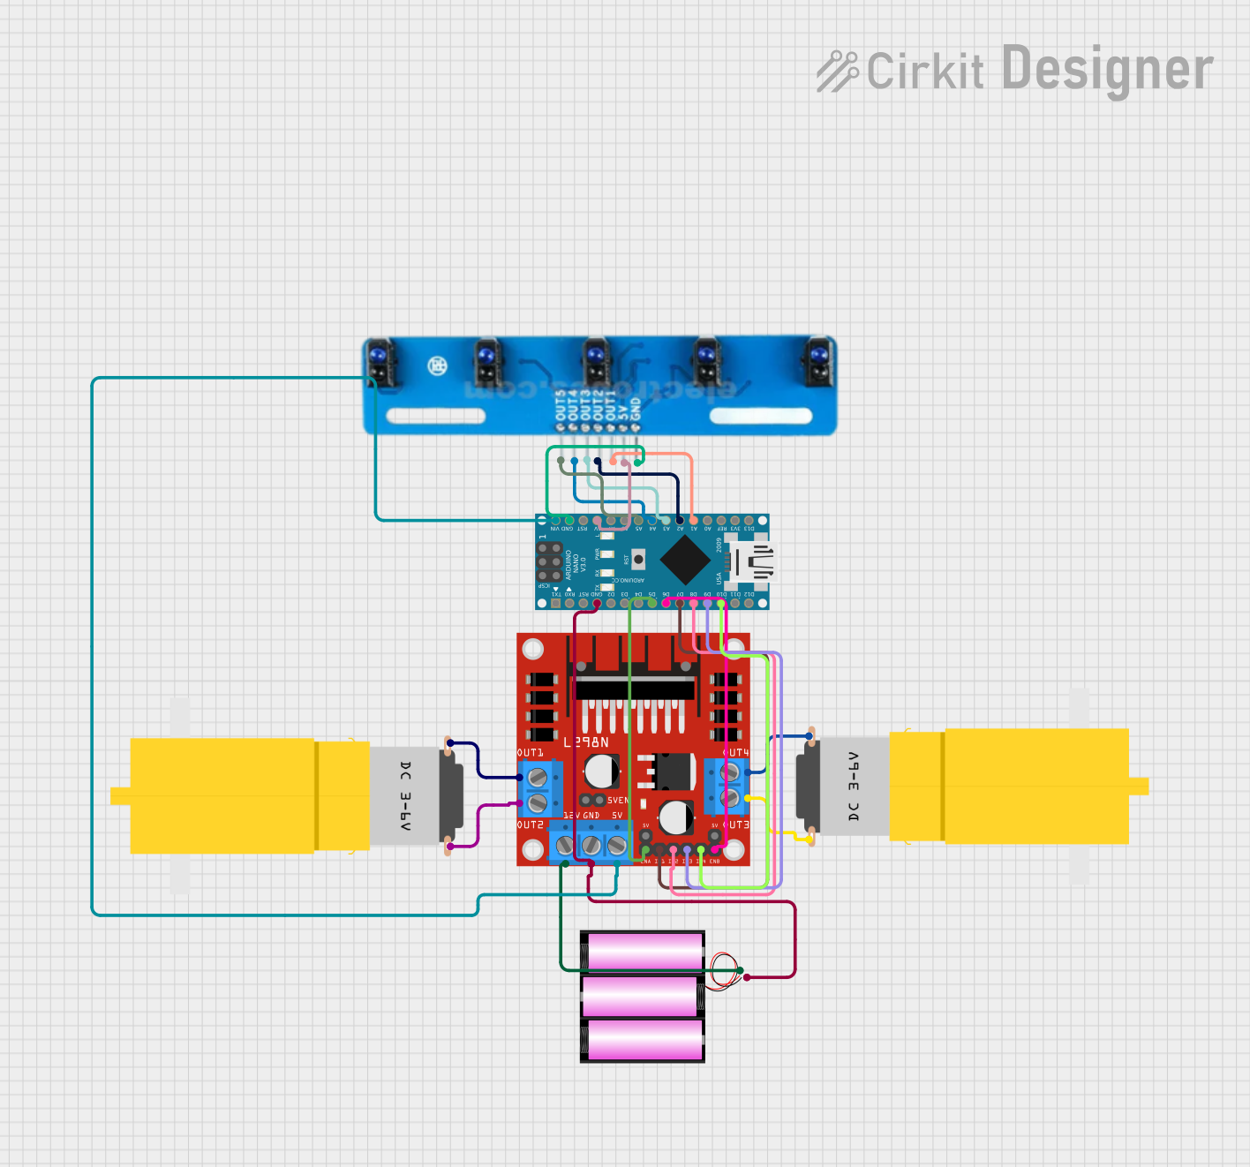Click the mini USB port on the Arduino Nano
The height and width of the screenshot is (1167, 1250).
click(755, 561)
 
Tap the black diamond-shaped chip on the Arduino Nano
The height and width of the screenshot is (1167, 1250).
click(685, 559)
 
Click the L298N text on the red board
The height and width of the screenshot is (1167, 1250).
click(586, 742)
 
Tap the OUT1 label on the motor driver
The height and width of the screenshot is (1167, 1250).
click(530, 753)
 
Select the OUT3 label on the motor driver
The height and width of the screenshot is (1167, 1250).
click(736, 824)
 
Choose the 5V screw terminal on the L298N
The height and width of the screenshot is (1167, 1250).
click(617, 846)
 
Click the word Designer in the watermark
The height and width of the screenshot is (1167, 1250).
click(1107, 70)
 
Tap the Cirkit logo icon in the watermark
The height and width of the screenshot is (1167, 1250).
click(837, 71)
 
